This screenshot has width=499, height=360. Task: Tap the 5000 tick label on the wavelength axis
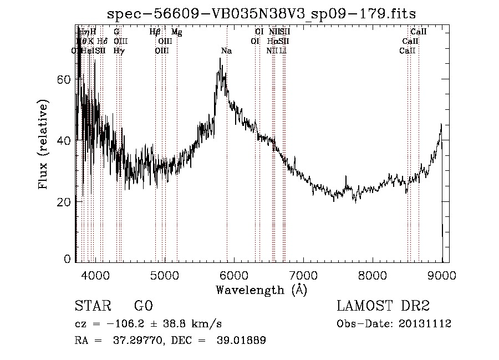click(x=164, y=274)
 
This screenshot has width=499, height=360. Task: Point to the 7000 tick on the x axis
click(x=303, y=274)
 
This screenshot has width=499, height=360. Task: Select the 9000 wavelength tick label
click(x=442, y=274)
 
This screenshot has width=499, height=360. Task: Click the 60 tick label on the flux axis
click(x=65, y=79)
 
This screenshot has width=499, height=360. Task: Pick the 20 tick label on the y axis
click(x=65, y=202)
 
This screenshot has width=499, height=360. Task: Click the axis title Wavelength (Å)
click(x=261, y=290)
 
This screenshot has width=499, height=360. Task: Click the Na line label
click(x=226, y=50)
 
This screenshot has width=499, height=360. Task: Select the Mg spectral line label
click(x=176, y=32)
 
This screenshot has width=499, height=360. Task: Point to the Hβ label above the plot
click(x=155, y=32)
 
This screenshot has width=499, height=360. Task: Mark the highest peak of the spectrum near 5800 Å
click(x=220, y=59)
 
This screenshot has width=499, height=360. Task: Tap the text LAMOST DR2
click(x=383, y=306)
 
